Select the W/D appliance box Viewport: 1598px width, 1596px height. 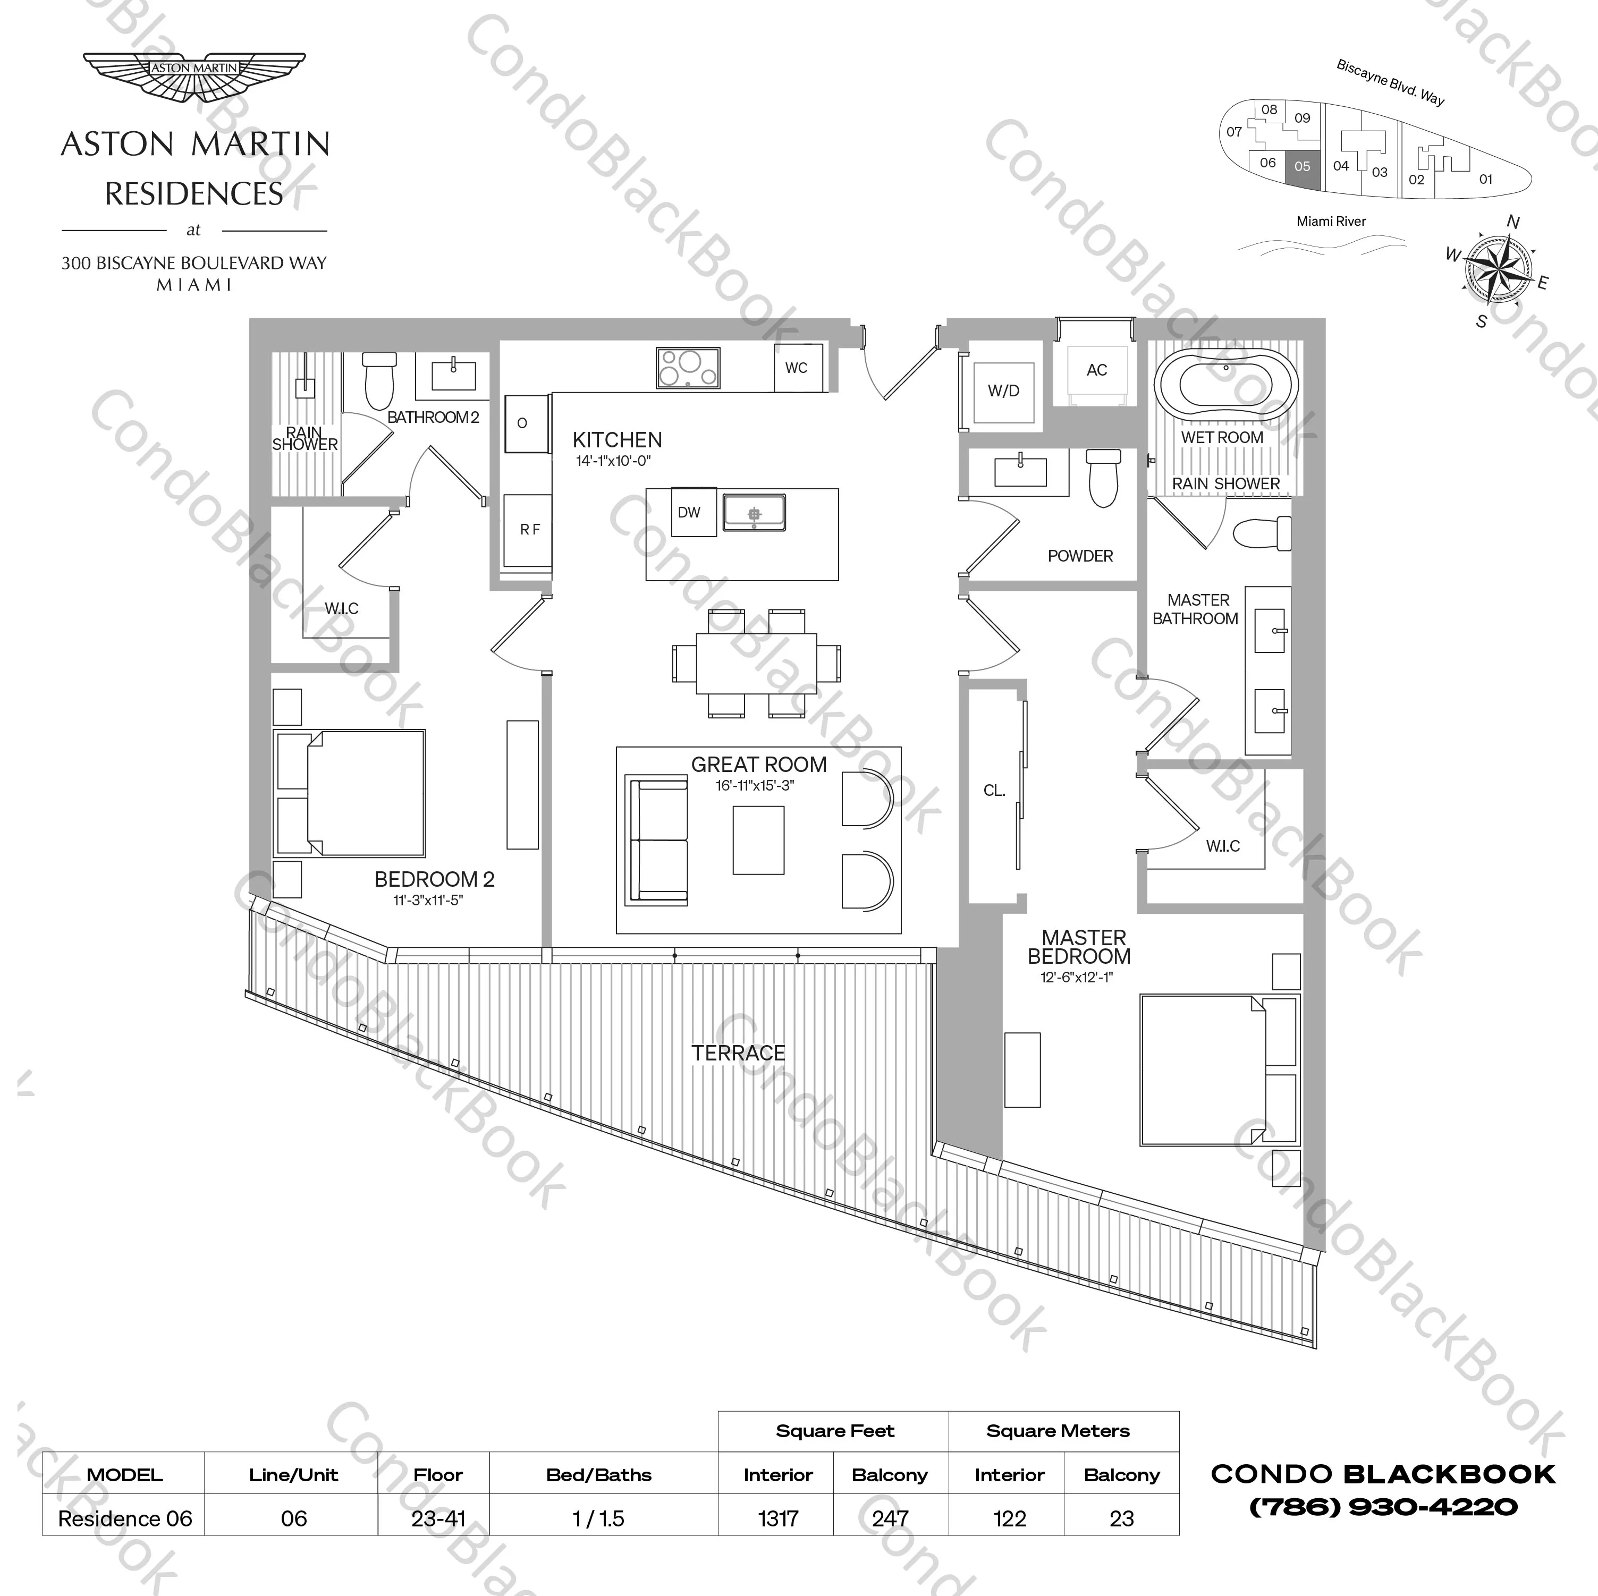click(1003, 391)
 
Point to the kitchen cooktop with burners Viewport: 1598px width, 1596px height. click(687, 368)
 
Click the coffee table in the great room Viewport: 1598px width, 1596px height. click(758, 840)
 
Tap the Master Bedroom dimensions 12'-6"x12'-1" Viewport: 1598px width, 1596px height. click(1076, 978)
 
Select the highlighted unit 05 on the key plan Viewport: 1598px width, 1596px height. click(1302, 167)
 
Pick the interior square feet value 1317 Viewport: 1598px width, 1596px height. click(777, 1519)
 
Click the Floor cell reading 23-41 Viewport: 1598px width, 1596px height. click(438, 1519)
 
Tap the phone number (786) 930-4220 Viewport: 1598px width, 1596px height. click(1383, 1507)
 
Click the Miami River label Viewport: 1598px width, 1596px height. click(1331, 222)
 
